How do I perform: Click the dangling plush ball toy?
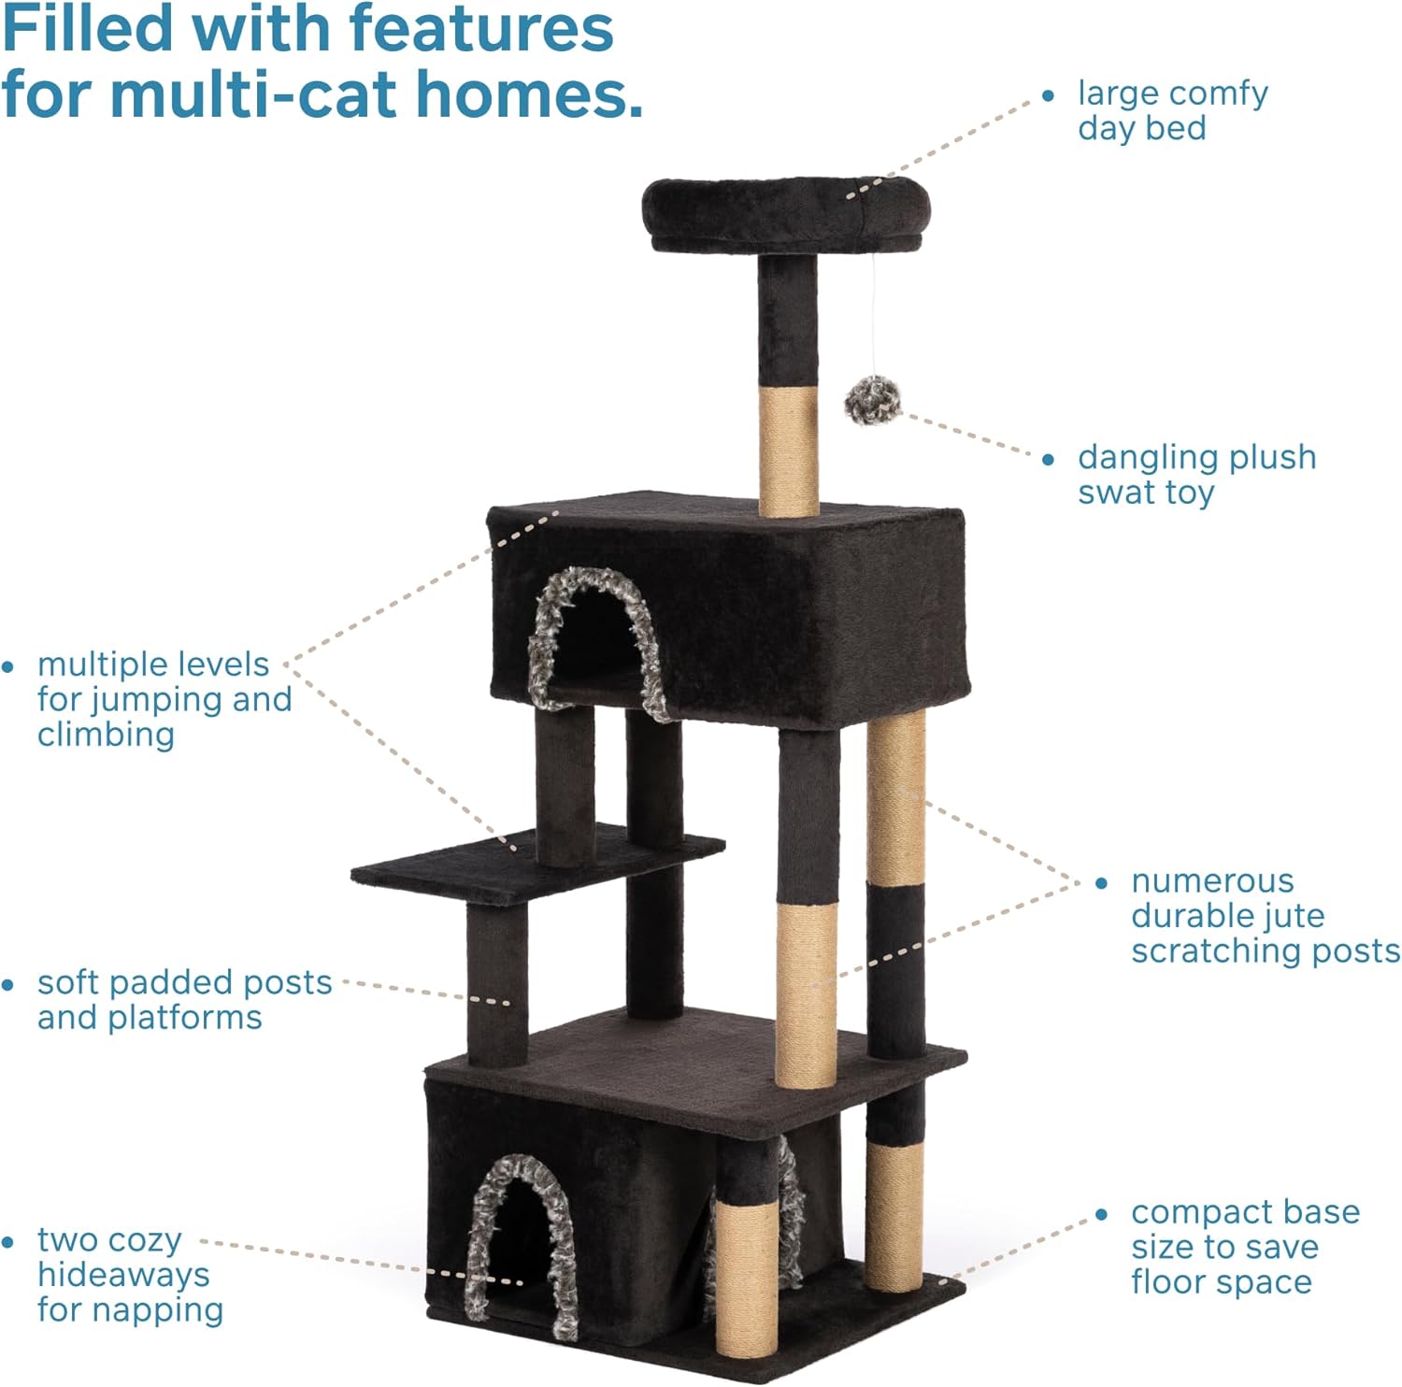[873, 399]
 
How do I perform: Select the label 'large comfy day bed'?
[1173, 110]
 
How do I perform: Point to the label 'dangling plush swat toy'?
[1196, 475]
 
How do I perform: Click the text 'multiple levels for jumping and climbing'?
[165, 699]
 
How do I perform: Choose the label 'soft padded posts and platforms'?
[184, 999]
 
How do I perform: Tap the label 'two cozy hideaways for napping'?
[130, 1275]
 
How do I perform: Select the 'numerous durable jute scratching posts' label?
[1266, 915]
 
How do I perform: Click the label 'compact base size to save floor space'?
[1245, 1247]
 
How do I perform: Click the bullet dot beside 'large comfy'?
[1048, 95]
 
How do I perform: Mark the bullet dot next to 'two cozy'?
[7, 1242]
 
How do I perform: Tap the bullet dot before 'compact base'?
[1101, 1214]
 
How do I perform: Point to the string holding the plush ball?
[875, 314]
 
